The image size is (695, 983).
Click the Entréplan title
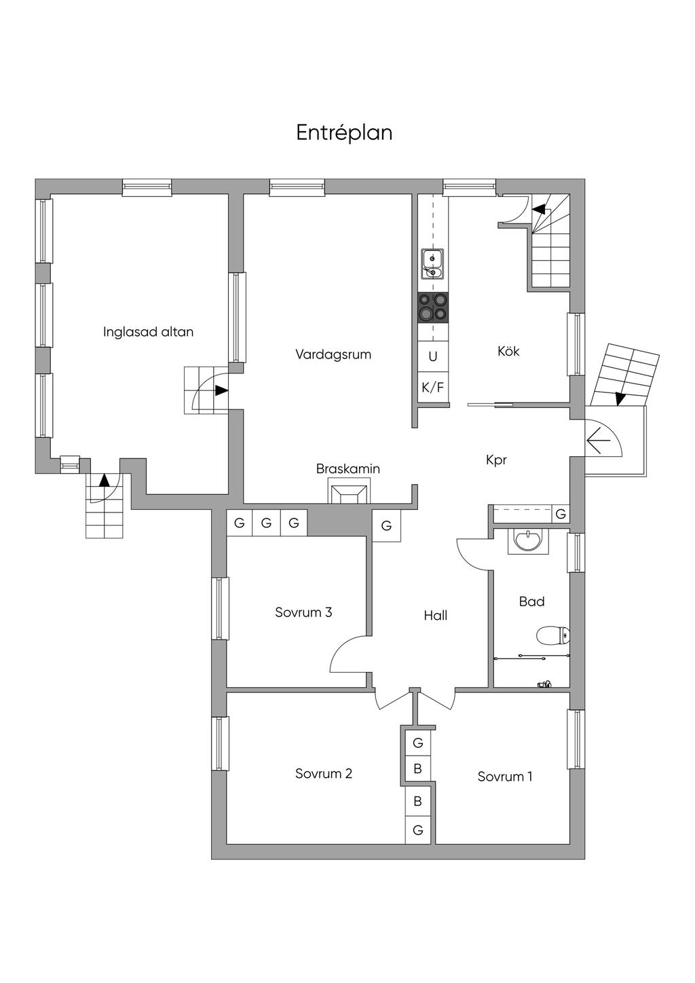(x=344, y=132)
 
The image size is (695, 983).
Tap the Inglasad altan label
(x=149, y=332)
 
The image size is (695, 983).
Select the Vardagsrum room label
(x=333, y=354)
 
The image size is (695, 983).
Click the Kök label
(x=508, y=351)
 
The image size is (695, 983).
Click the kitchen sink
(x=433, y=264)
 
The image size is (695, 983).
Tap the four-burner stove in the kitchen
(x=434, y=308)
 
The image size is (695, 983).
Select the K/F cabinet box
(x=433, y=387)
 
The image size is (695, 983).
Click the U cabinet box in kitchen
(x=433, y=356)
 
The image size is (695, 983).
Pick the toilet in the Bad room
(x=554, y=635)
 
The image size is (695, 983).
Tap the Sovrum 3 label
(x=303, y=612)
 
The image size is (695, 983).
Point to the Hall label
(x=436, y=615)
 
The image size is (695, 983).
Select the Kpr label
(x=497, y=460)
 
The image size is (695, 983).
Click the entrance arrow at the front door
(x=600, y=440)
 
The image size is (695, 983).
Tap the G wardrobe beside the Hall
(x=386, y=525)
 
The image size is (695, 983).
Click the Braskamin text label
(x=348, y=468)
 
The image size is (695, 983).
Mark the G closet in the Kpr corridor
(x=561, y=514)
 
